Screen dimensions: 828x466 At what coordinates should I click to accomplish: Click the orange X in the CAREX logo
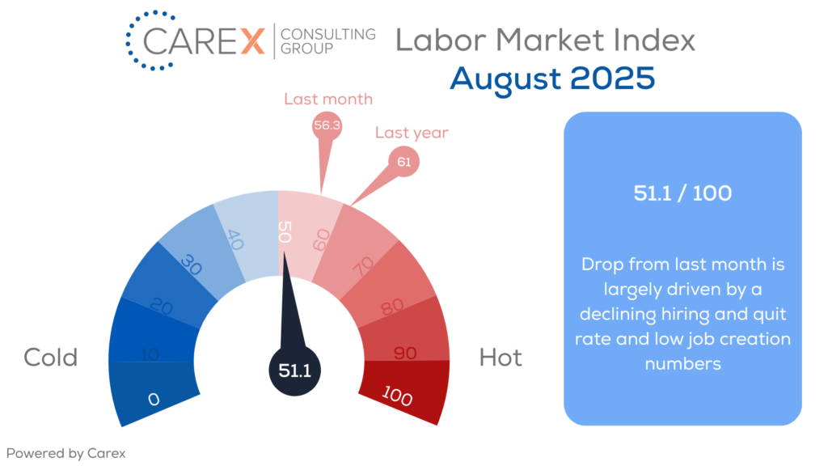coord(253,41)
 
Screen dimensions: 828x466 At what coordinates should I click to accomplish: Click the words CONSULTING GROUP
coord(328,41)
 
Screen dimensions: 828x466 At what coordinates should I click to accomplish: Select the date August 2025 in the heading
coord(552,79)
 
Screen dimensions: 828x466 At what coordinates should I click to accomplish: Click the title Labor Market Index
coord(546,40)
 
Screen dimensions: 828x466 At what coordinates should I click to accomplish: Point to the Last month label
coord(328,99)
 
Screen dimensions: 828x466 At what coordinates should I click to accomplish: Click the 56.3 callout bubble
coord(327,125)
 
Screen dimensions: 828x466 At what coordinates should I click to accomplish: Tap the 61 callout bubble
coord(404,162)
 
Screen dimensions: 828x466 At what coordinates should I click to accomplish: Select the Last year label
coord(412,133)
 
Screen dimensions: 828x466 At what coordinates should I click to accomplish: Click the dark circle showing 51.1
coord(294,371)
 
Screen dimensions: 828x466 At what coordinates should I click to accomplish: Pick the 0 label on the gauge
coord(154,399)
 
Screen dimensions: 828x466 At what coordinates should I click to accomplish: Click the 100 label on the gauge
coord(396,396)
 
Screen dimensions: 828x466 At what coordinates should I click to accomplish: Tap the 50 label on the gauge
coord(285,232)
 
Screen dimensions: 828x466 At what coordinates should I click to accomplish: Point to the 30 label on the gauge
coord(191,265)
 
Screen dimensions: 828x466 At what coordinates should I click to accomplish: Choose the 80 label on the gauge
coord(392,307)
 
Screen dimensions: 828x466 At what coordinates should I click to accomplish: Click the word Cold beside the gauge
coord(51,358)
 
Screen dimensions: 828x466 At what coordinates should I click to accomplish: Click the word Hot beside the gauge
coord(501,358)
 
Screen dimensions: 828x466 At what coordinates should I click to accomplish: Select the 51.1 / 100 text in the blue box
coord(682,193)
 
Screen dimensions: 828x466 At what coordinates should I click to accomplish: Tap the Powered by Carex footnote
coord(66,453)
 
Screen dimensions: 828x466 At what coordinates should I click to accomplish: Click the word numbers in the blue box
coord(682,364)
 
